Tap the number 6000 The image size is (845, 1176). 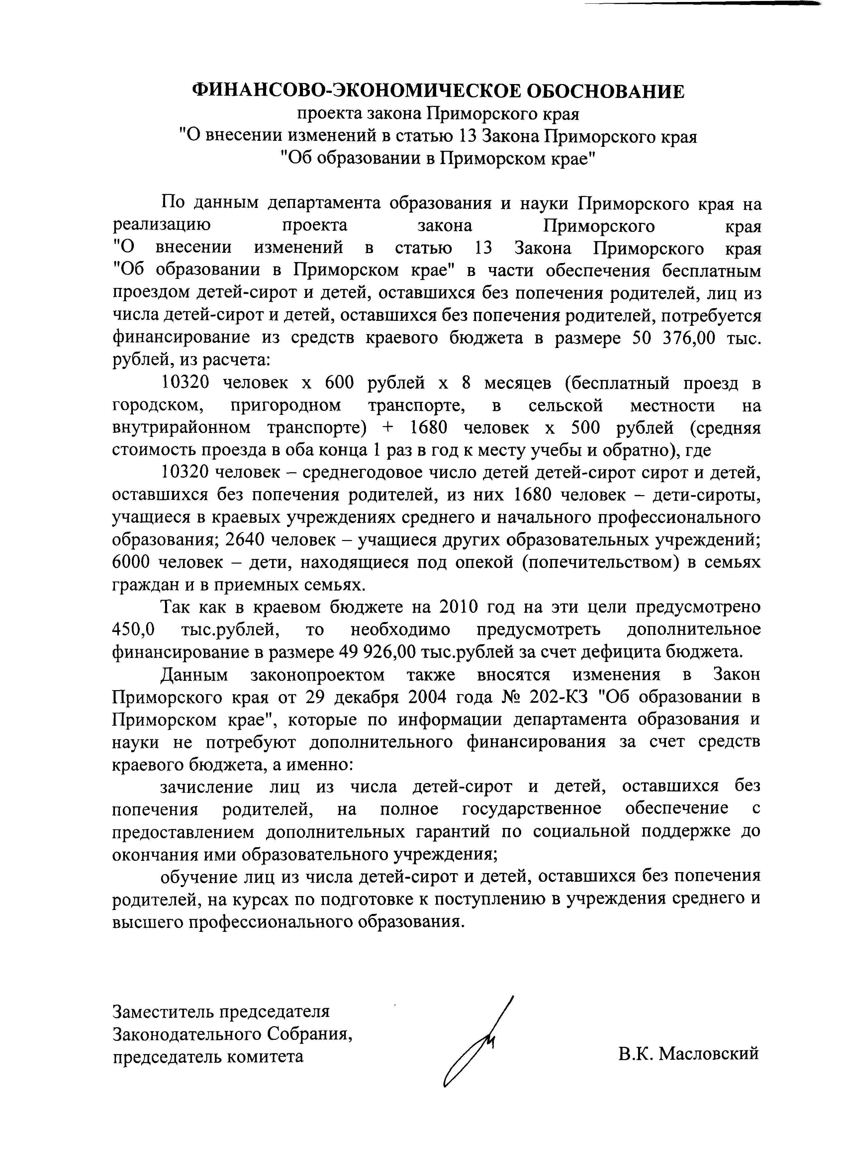click(132, 562)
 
